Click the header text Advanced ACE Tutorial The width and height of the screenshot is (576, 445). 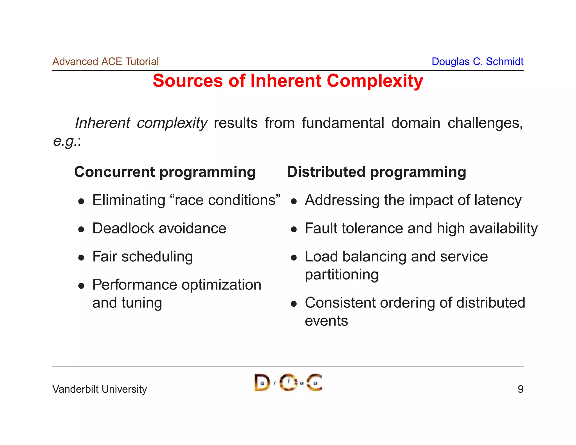[x=105, y=62]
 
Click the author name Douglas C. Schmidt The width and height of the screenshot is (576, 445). [x=477, y=62]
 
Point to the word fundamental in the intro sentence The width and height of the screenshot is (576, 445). [x=343, y=123]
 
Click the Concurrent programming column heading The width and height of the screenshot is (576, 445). [x=165, y=172]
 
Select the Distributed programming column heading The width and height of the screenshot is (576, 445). [x=376, y=172]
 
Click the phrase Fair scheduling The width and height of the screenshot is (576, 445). [x=143, y=257]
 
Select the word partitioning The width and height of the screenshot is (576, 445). [x=341, y=275]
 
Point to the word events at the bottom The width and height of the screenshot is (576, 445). [x=326, y=321]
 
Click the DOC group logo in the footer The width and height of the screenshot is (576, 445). [x=288, y=383]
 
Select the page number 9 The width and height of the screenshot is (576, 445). [x=520, y=389]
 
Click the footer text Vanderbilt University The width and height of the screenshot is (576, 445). [x=100, y=389]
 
